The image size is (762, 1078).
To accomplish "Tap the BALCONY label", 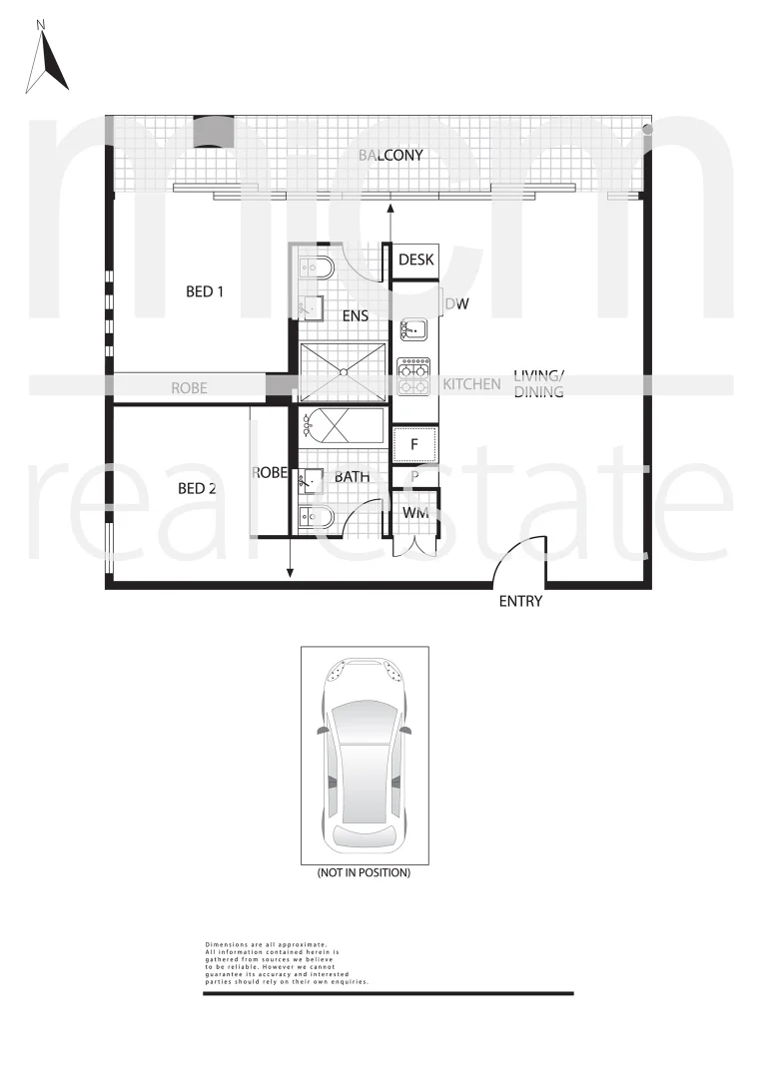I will click(x=390, y=156).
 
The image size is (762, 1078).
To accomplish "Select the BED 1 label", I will click(x=206, y=292).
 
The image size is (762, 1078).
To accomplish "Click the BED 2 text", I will click(x=198, y=488).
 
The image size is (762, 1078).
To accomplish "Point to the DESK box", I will click(x=415, y=261).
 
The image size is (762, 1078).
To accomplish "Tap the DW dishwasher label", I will click(x=456, y=304).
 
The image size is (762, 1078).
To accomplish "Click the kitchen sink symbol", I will click(x=413, y=330).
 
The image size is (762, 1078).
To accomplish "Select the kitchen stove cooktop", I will click(x=413, y=376).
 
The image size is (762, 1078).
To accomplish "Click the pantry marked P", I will click(x=414, y=477).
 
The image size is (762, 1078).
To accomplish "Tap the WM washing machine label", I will click(x=415, y=513).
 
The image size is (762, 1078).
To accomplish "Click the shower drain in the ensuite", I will click(x=345, y=373).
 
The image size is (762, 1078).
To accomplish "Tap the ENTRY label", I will click(x=519, y=601).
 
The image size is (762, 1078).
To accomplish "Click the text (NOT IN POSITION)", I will click(x=364, y=872).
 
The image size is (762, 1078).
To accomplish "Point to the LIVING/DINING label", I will click(x=539, y=384).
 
